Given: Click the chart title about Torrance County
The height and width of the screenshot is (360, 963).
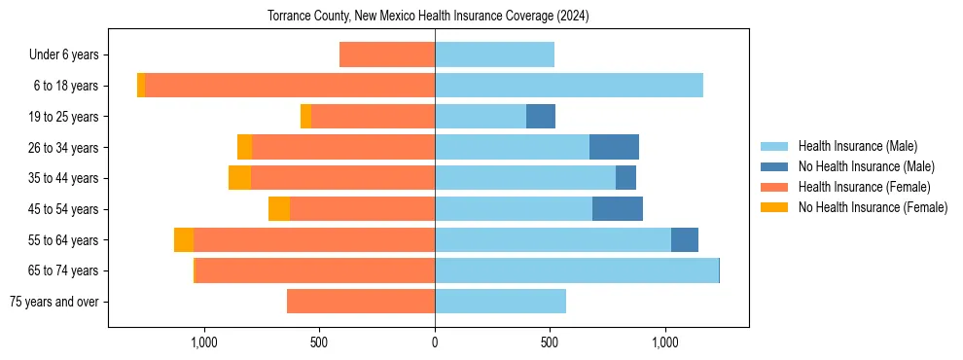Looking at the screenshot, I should point(428,17).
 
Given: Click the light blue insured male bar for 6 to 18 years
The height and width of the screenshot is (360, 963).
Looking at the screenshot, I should point(569,86).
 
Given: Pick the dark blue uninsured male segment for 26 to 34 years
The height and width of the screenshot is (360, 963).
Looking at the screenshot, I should point(614,147).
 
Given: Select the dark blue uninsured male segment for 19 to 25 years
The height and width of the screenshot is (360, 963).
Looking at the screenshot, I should point(541,117).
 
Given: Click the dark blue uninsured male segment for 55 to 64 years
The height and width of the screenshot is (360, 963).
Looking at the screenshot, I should point(685,240).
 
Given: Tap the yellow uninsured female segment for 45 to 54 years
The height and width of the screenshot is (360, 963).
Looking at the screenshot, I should point(279,209).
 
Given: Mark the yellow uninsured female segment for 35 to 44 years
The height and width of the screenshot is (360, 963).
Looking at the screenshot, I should point(240,178).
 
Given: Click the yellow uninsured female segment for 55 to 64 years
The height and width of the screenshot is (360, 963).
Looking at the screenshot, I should point(184,240).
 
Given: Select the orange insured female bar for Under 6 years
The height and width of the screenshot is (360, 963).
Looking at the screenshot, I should point(387,55).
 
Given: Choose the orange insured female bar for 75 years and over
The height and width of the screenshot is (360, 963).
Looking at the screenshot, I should point(361,302).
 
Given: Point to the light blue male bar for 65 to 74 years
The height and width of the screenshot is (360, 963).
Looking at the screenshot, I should point(576,270).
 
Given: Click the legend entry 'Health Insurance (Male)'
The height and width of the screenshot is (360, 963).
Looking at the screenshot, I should point(857,146).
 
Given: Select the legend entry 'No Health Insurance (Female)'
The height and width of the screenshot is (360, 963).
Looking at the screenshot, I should point(873,207).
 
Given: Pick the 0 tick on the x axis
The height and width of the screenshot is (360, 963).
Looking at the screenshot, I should point(435,342).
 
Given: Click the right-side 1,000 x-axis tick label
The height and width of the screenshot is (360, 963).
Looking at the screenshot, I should point(665,342).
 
